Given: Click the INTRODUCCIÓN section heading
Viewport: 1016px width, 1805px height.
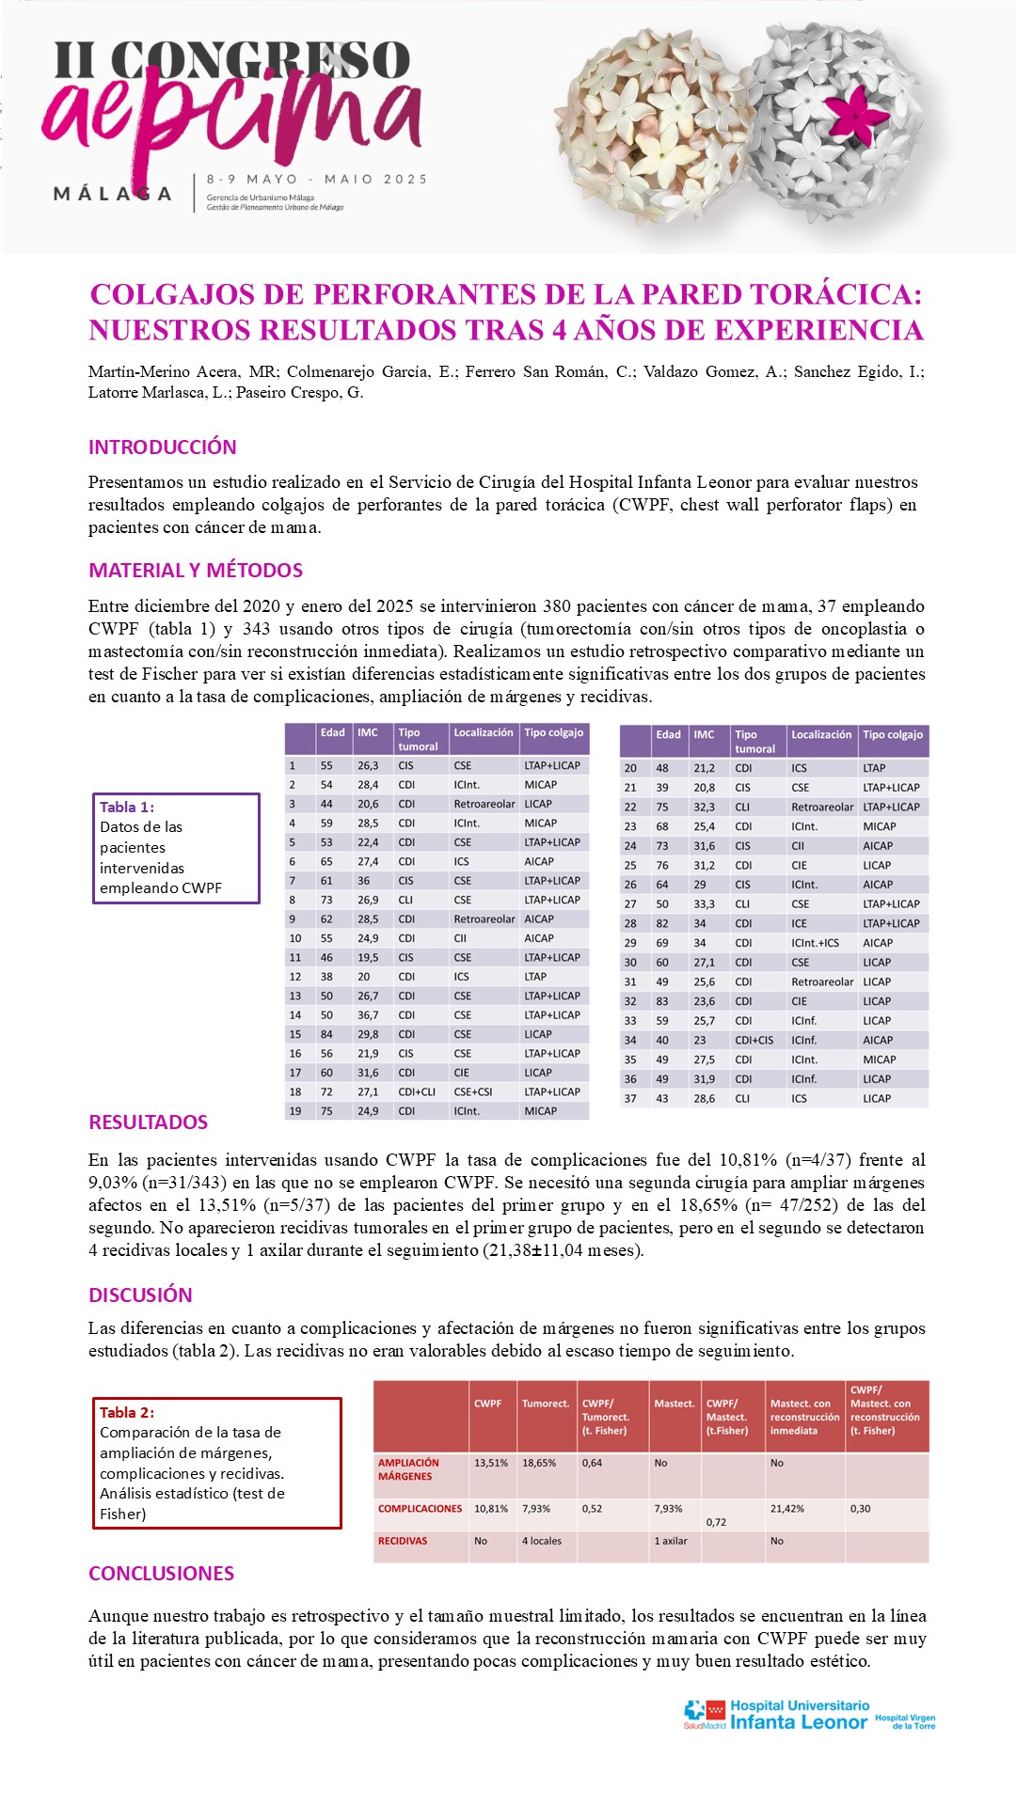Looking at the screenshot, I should coord(163,447).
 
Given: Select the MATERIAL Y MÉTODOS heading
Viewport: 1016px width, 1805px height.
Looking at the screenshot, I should coord(196,571).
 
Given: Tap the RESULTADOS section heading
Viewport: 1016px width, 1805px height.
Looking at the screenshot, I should coord(149,1122).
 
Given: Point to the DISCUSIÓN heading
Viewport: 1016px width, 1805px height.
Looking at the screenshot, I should coord(140,1295).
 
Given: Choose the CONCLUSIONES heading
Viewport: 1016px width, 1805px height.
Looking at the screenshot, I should coord(162,1574).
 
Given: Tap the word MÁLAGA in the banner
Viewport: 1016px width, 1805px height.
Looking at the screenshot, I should coord(113,194).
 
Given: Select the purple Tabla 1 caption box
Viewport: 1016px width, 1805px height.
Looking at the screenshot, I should coord(176,848).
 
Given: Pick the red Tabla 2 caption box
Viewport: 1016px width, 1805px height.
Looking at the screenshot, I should coord(216,1463).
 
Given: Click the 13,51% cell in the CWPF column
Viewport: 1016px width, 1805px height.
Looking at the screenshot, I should coord(491,1463).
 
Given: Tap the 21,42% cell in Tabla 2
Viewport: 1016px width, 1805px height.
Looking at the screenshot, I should coord(787,1508).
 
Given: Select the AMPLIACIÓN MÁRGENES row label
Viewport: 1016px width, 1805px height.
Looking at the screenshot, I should coord(408,1469).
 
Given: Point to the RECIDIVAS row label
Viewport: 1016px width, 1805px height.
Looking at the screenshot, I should coord(403,1541).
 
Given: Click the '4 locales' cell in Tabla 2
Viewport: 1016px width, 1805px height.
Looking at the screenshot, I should coord(542,1541).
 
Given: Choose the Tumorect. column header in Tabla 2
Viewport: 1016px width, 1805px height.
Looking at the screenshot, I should coord(546,1404).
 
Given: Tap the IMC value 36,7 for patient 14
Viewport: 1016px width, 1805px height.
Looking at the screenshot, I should coord(368,1015).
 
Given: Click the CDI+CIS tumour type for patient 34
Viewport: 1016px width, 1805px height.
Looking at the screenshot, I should coord(754,1041).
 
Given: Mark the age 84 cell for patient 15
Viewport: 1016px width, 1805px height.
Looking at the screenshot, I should coord(326,1034).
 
